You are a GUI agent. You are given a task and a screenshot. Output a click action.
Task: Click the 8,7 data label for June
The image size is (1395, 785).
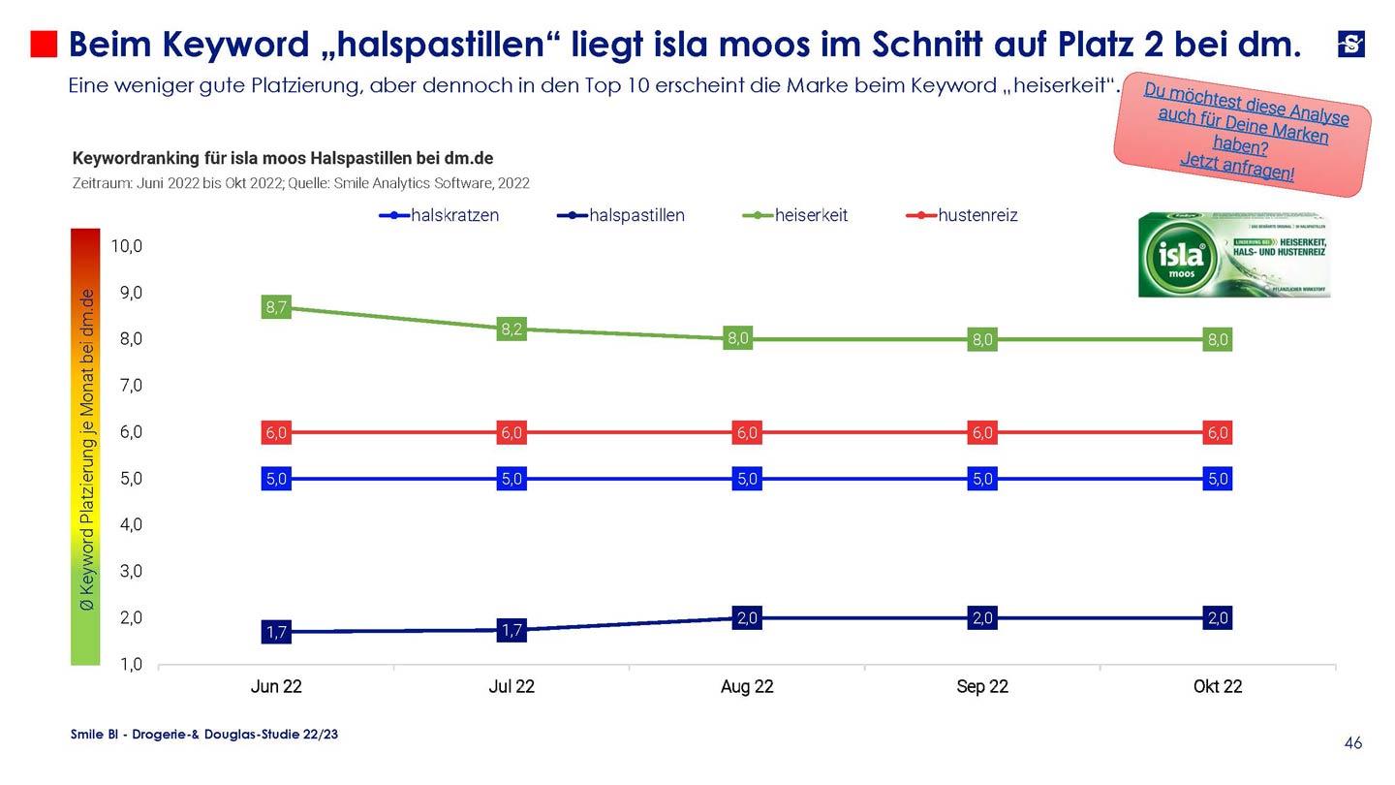click(276, 308)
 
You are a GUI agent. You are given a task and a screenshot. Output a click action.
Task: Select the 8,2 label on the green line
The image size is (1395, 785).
click(511, 330)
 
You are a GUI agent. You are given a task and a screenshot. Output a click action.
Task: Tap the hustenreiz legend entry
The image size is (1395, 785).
click(976, 215)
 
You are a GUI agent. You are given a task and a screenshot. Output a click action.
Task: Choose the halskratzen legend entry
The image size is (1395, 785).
click(453, 215)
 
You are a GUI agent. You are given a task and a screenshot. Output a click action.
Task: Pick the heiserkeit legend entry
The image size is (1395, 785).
click(810, 215)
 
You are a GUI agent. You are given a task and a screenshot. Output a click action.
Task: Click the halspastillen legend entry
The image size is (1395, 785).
click(635, 215)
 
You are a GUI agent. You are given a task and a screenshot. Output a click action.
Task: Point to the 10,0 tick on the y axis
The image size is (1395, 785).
click(126, 246)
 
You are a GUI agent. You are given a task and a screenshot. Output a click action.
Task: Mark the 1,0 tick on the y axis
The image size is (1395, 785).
click(130, 665)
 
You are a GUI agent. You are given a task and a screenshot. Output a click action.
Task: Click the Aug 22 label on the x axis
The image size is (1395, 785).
click(747, 687)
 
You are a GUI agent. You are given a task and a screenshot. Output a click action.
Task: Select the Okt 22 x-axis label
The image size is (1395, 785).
click(1218, 687)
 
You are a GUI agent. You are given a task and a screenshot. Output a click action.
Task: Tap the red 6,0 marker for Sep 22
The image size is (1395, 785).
click(982, 433)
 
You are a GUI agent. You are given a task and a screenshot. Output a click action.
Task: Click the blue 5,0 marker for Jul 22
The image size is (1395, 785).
click(511, 479)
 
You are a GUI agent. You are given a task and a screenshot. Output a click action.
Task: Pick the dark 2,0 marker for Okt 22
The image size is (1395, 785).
click(1218, 618)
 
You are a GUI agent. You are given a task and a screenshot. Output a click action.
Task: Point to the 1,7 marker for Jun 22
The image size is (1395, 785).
click(276, 632)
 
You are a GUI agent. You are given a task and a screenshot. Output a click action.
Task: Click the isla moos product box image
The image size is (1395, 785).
click(1234, 255)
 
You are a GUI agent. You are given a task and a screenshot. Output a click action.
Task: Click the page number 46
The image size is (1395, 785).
click(1353, 743)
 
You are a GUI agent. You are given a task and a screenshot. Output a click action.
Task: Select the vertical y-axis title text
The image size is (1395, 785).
click(87, 449)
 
